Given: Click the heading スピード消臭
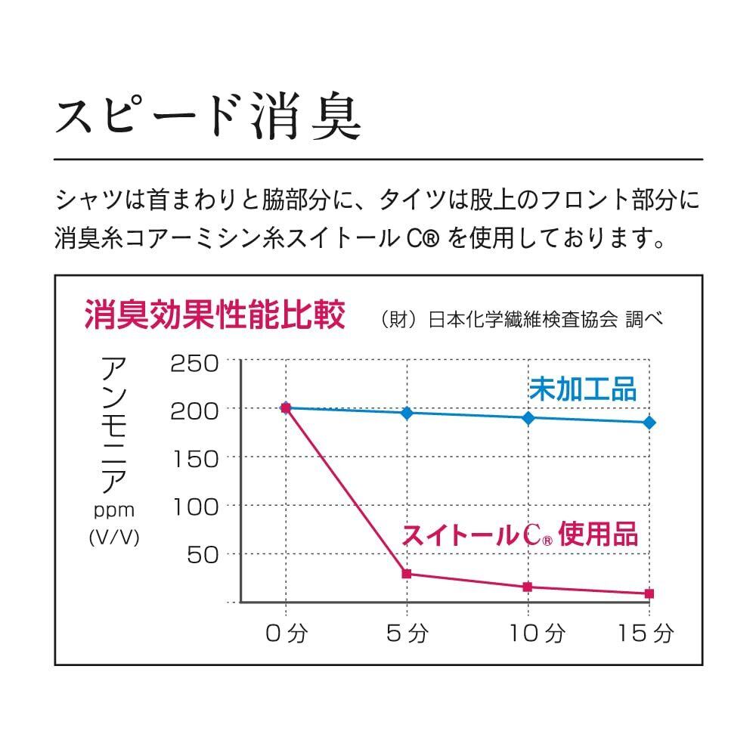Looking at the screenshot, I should (x=208, y=116).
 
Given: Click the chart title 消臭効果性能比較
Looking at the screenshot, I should (x=215, y=314).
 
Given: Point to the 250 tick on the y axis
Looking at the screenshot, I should (x=194, y=364).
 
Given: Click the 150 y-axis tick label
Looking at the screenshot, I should (x=196, y=457).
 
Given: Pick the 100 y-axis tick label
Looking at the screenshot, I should (x=196, y=506).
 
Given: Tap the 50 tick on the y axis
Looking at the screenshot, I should (x=203, y=554).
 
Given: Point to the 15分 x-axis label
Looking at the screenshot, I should (x=643, y=633).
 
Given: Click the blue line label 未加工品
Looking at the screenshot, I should (x=583, y=389).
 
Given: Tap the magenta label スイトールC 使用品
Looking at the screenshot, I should (x=520, y=534).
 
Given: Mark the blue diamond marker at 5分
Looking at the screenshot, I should (x=407, y=413).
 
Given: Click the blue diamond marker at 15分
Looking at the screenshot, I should (x=649, y=423).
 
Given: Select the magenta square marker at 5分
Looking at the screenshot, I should (x=407, y=574).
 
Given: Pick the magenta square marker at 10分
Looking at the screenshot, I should (x=528, y=587).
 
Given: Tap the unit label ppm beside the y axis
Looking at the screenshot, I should (x=114, y=511).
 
